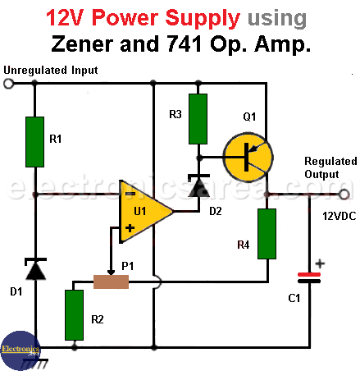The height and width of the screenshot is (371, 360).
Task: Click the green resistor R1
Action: coord(34,142)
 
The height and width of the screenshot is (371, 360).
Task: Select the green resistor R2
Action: coord(74,315)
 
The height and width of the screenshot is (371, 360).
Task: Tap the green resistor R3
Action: coord(198,119)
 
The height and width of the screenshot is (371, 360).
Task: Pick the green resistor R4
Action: coord(267,234)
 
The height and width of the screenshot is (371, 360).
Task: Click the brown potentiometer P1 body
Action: coord(111,282)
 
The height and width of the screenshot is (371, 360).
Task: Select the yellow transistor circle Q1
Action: coord(248,158)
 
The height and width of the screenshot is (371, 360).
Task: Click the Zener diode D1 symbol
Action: coord(35,268)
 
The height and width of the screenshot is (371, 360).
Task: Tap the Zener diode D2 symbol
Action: coord(199,185)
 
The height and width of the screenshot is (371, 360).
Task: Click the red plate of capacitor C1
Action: coord(309,274)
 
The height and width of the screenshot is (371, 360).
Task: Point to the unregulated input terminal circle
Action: coord(8,84)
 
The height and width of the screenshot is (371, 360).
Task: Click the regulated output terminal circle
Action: coord(344,195)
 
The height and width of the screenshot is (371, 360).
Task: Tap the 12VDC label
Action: coord(339,216)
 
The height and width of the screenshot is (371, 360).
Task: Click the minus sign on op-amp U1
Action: coord(130,194)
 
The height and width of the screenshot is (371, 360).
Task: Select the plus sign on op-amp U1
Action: coord(130,228)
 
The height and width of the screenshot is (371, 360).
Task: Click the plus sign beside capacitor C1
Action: coord(320,263)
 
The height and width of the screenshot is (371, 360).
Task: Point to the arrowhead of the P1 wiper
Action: coord(111,273)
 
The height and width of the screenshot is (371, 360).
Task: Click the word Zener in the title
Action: coord(82,44)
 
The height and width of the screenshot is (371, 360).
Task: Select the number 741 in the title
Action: coord(185,44)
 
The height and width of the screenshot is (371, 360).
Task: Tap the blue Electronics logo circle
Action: coord(20,350)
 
